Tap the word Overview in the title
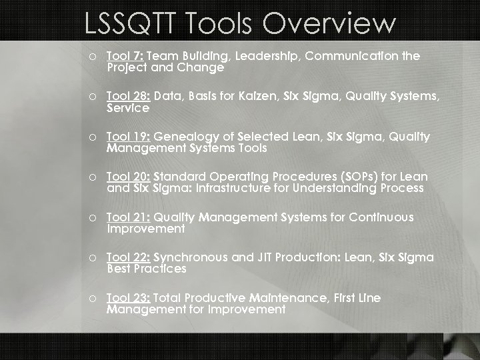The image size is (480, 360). [x=329, y=24]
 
